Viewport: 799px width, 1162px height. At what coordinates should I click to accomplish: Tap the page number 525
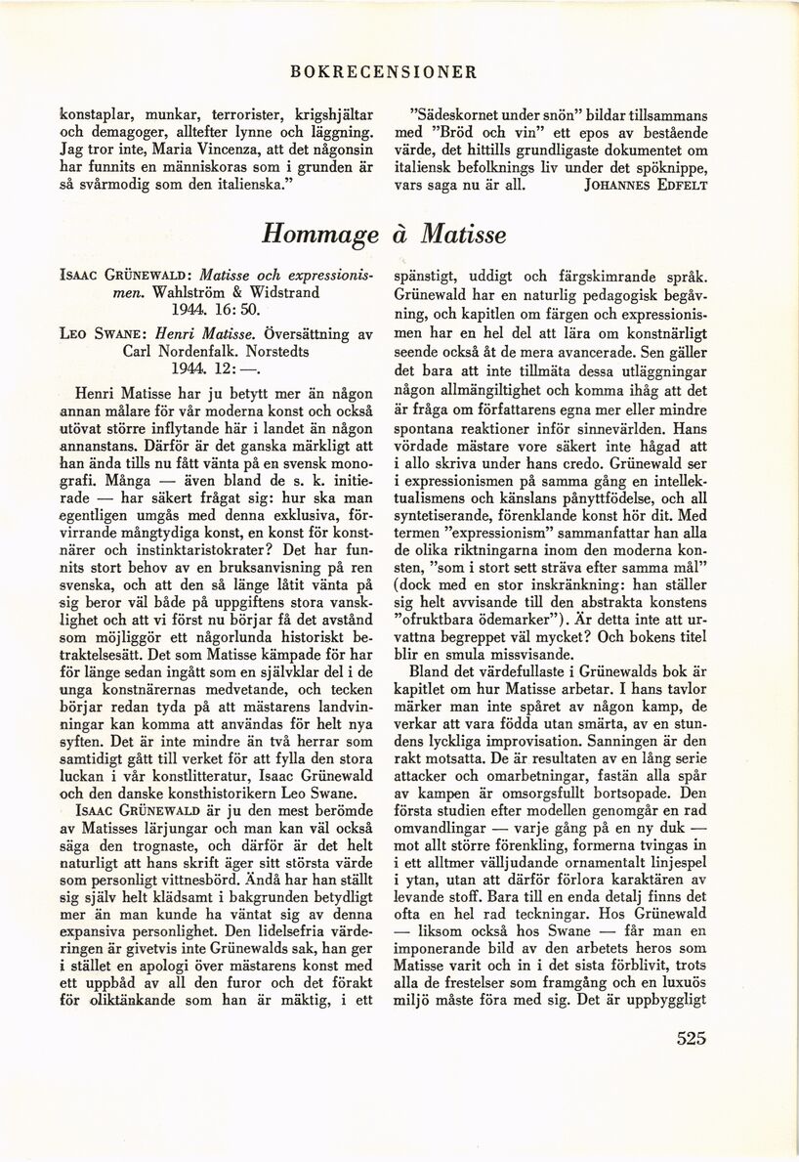click(x=690, y=1038)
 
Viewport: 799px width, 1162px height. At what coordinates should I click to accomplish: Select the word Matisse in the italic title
click(x=465, y=235)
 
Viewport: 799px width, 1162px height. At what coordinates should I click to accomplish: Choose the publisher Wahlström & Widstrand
click(x=227, y=292)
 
